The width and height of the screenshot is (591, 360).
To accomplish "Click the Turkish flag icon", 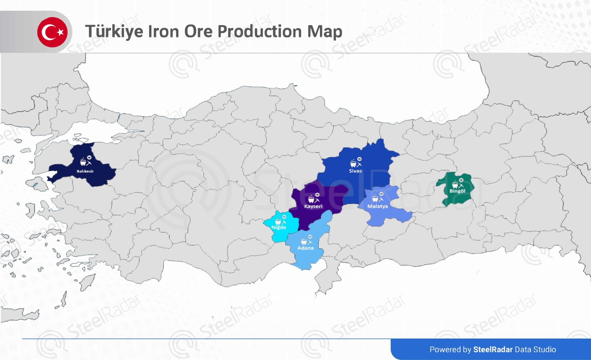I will point(52,32).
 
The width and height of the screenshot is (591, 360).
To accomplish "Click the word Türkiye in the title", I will point(114,31).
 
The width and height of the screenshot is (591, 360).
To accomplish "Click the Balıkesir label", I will point(85,171).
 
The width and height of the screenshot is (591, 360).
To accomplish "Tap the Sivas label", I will point(355,171).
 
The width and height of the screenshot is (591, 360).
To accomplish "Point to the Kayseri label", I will point(313,206).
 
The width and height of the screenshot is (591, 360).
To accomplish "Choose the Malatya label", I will point(378,206).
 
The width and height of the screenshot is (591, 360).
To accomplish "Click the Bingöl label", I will point(457,191).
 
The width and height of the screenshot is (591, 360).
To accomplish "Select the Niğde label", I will point(279,227).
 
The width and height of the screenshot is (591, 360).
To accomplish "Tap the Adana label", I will point(305,248).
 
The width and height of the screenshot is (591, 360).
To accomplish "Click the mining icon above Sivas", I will point(356,163).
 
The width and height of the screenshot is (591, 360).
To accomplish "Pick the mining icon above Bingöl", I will point(458,183).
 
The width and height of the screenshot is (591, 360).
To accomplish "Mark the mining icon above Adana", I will point(306,241).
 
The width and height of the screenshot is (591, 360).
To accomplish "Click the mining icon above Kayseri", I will point(314,198).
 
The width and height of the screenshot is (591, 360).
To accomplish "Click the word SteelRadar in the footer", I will point(493,350).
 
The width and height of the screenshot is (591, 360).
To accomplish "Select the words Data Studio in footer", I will point(535,350).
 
